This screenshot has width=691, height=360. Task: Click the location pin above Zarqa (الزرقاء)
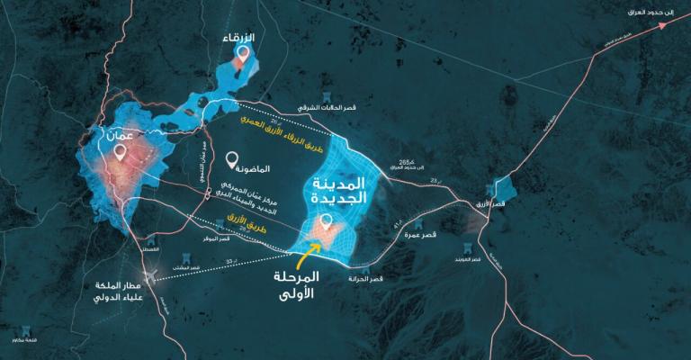241,53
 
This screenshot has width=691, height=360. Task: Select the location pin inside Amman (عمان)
119,152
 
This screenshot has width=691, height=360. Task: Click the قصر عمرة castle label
420,235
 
